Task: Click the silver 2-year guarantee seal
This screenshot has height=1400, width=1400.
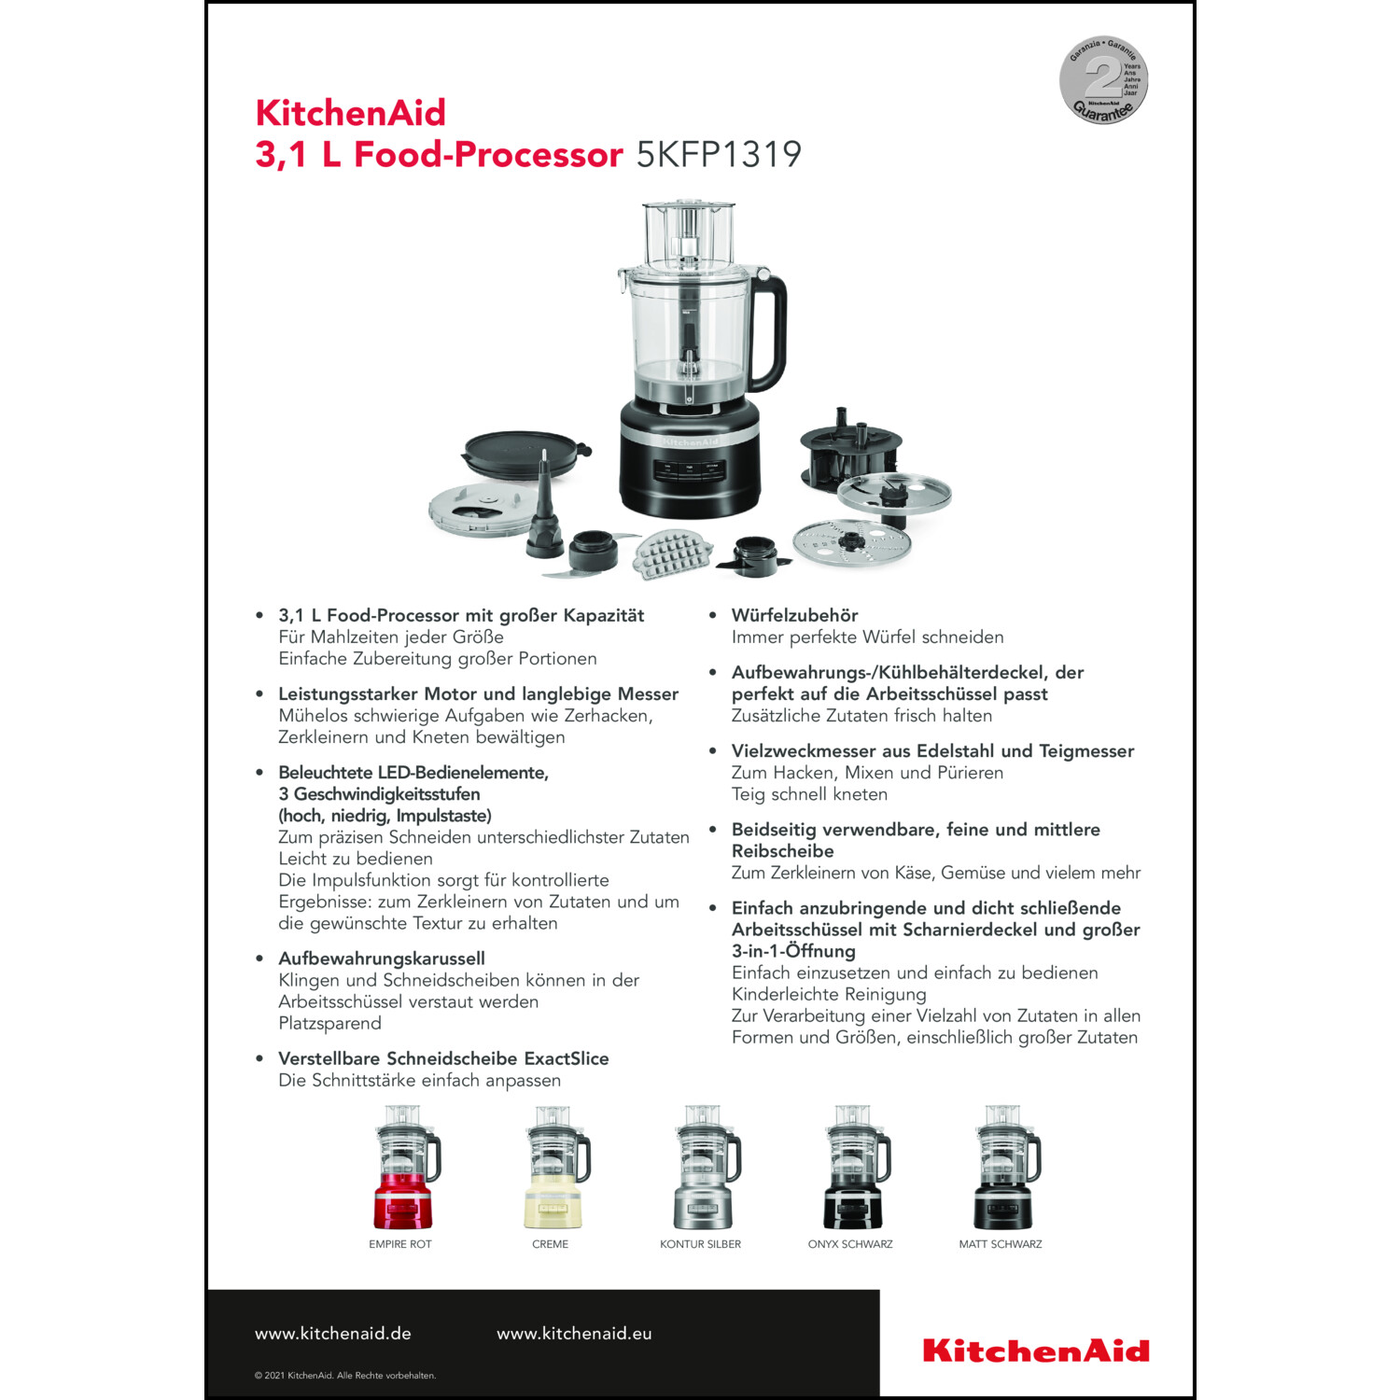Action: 1103,80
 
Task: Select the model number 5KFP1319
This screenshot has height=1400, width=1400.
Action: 719,154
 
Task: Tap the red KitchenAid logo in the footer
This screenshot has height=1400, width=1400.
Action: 1036,1351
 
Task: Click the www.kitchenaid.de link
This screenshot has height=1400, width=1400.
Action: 333,1334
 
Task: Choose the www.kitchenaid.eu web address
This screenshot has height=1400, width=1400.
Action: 574,1334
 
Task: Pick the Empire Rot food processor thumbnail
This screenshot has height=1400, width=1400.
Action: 406,1168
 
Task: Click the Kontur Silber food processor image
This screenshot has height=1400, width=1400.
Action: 707,1168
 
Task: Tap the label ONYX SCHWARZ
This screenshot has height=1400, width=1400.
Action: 850,1244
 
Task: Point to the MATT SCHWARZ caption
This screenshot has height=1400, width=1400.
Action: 1001,1244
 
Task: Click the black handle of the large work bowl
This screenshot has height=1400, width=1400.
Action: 771,331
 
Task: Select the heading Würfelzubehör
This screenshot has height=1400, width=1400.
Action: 794,615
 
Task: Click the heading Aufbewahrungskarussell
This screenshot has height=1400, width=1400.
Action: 382,959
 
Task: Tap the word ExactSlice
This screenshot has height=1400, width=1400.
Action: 567,1058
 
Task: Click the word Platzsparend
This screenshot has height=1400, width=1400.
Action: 329,1023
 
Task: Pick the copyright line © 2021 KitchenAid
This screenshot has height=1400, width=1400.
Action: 345,1375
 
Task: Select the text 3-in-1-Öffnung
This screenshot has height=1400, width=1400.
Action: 793,951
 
